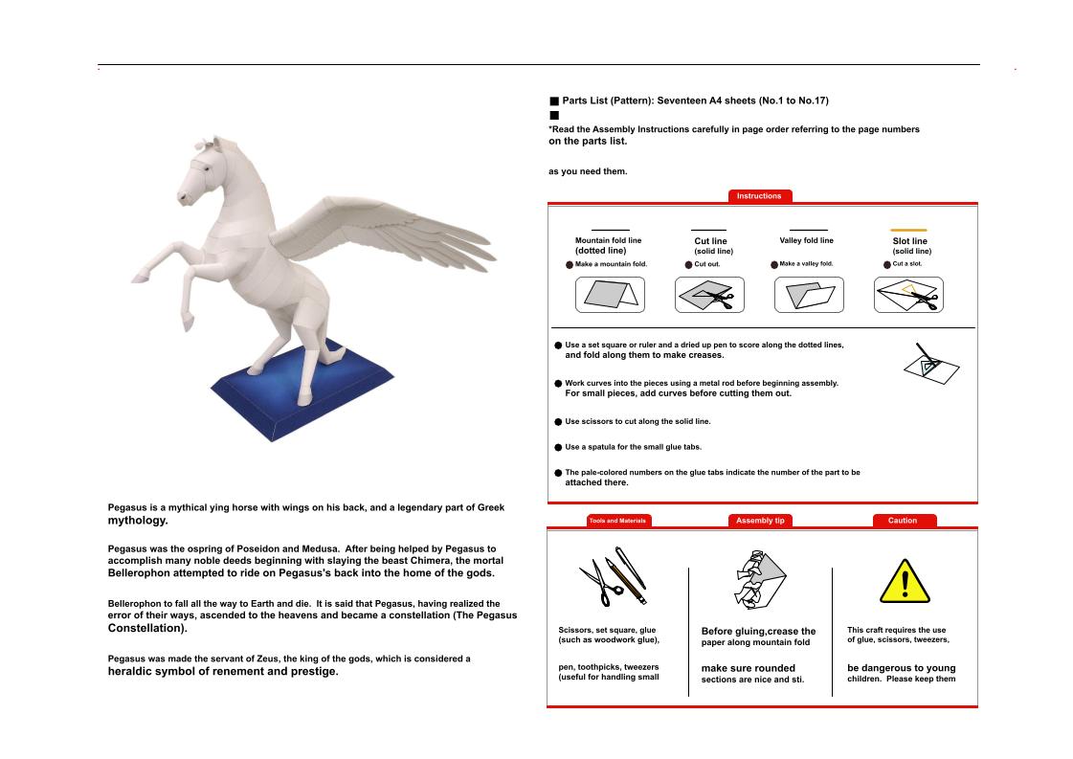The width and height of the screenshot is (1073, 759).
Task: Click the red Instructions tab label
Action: coord(759,196)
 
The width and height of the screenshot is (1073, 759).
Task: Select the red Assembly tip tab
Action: coord(760,521)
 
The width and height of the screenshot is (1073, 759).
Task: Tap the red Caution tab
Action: coord(903,521)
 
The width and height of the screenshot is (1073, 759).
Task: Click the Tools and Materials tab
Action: coord(617,521)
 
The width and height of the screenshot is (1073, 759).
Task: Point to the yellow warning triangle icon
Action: coord(904,581)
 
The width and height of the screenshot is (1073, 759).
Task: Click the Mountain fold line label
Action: coord(608,241)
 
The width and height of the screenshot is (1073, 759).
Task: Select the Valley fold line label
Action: coord(806,241)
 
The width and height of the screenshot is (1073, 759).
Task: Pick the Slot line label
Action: coord(909,241)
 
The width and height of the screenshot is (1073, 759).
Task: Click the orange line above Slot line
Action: coord(908,230)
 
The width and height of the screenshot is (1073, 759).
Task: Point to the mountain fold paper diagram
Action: coord(610,295)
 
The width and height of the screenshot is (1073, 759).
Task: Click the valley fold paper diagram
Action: coord(808,295)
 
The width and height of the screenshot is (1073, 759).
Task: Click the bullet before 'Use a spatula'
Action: coord(558,447)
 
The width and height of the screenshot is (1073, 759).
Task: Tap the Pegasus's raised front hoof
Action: coord(140,277)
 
